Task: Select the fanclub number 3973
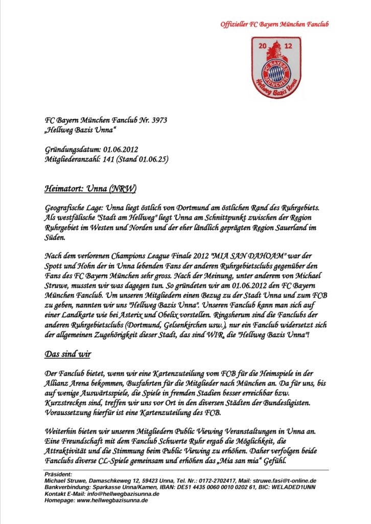pos(157,120)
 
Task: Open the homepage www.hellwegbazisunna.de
pos(112,500)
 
